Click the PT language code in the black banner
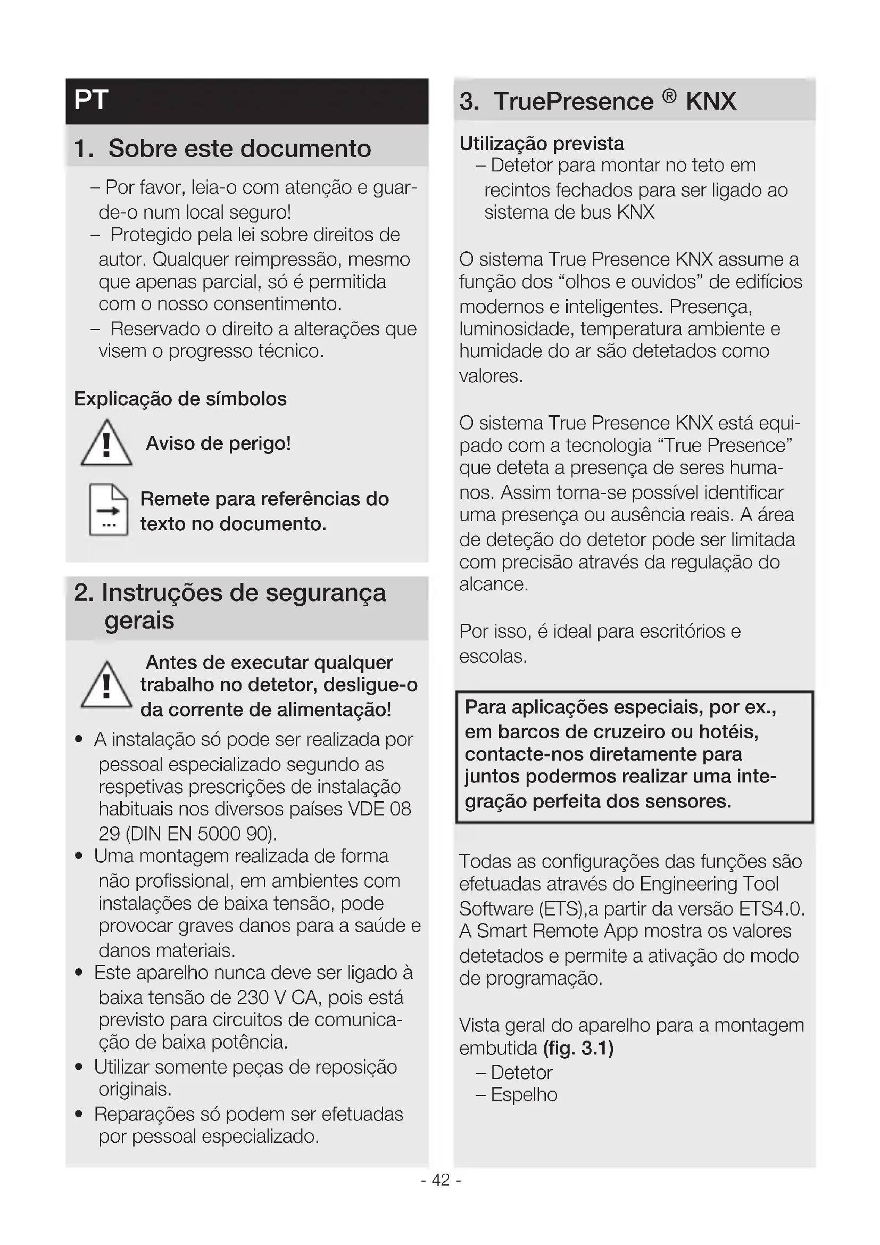[x=91, y=100]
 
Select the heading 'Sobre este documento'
[x=239, y=149]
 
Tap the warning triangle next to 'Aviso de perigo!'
[x=106, y=443]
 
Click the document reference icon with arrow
[x=109, y=509]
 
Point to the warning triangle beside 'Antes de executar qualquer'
[x=106, y=686]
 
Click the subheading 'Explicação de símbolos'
[x=180, y=399]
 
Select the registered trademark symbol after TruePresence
[x=669, y=96]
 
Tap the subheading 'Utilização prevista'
[x=541, y=143]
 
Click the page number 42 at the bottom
[x=441, y=1180]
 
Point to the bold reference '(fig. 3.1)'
[x=578, y=1048]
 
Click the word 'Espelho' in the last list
[x=524, y=1095]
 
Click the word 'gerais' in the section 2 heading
[x=139, y=620]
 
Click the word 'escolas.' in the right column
[x=493, y=656]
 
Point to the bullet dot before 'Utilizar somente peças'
[x=79, y=1067]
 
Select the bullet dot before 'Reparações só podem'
[x=79, y=1114]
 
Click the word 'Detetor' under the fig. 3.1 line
[x=521, y=1072]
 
